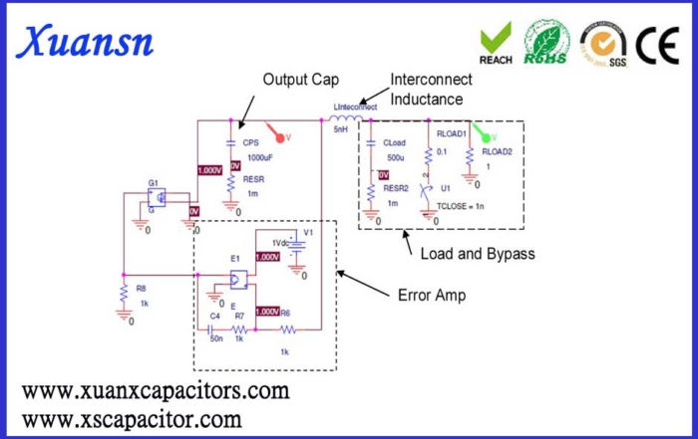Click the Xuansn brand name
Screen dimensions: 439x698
(x=86, y=42)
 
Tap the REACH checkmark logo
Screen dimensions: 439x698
(x=496, y=41)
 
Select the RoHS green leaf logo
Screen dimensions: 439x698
(x=546, y=41)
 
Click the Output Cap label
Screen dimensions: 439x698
(x=297, y=80)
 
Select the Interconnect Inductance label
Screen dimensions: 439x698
(x=427, y=91)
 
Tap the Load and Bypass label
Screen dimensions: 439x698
(x=478, y=254)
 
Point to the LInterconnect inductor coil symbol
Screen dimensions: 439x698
(x=346, y=117)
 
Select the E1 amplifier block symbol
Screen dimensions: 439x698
(x=237, y=278)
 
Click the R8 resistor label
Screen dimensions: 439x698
(x=142, y=288)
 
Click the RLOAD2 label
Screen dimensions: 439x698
(x=496, y=152)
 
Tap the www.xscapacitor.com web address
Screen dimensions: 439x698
(x=132, y=418)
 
